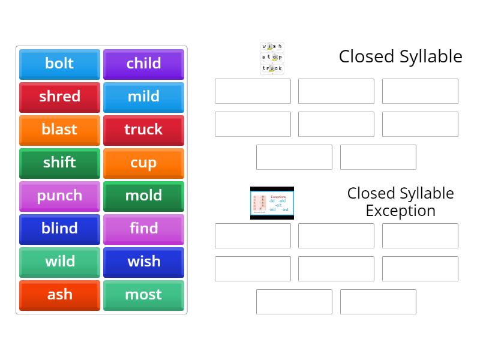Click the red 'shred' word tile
59,97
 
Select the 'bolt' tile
59,64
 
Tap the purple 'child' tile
143,64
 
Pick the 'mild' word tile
143,97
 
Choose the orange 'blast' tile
59,130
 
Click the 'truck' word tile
143,130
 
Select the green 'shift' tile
59,163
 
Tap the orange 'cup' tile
143,163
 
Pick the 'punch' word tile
59,196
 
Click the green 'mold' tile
143,196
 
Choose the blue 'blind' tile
59,229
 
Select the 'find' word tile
143,229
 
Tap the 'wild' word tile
59,262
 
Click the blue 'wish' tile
143,262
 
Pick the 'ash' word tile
59,295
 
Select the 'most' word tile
143,295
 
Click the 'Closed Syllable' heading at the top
400,56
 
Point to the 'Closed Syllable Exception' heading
400,202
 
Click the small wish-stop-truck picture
272,58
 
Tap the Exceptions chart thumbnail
272,203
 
